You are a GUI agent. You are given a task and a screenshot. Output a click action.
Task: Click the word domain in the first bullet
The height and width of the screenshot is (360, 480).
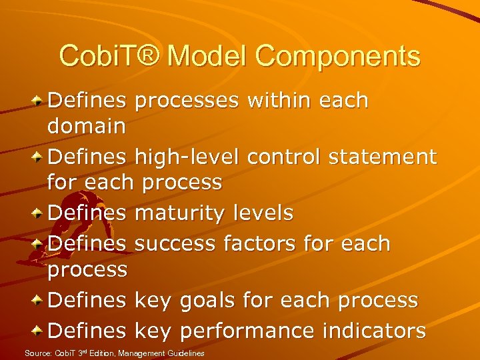point(87,126)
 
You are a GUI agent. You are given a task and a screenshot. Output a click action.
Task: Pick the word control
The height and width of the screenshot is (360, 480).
point(286,157)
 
